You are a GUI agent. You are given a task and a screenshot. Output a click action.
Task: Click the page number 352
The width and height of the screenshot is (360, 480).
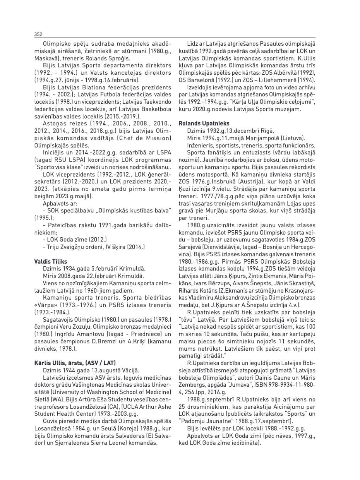click(38, 34)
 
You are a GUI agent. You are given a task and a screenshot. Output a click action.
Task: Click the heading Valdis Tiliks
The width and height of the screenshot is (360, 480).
click(51, 262)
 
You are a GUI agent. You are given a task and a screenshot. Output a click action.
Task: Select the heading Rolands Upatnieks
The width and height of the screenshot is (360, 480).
click(204, 123)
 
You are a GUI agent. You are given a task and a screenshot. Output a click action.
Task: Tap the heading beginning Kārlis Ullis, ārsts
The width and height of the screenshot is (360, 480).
click(75, 363)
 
